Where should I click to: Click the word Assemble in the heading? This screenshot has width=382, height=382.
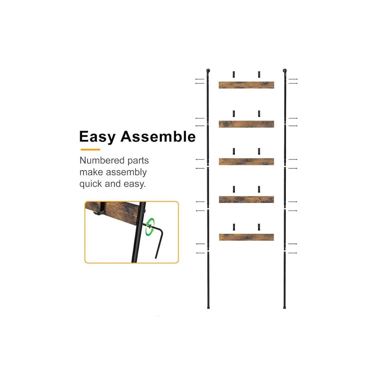pyautogui.click(x=158, y=137)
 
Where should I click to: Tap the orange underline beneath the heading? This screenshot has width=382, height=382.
pyautogui.click(x=90, y=149)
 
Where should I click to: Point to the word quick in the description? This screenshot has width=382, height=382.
pyautogui.click(x=91, y=184)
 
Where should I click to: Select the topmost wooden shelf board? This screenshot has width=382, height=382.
pyautogui.click(x=246, y=85)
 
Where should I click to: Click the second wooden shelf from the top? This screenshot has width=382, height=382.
pyautogui.click(x=246, y=124)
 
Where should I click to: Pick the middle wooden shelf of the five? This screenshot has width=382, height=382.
pyautogui.click(x=246, y=162)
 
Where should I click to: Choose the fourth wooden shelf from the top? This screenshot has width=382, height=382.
pyautogui.click(x=246, y=199)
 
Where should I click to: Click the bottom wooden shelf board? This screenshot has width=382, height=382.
pyautogui.click(x=246, y=237)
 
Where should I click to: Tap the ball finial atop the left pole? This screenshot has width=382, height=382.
pyautogui.click(x=208, y=71)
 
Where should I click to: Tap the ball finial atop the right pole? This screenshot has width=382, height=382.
pyautogui.click(x=285, y=71)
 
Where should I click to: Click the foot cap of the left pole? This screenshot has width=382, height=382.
pyautogui.click(x=208, y=306)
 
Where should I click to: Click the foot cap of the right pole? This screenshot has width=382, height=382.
pyautogui.click(x=285, y=306)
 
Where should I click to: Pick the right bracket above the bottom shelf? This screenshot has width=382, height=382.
pyautogui.click(x=259, y=227)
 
